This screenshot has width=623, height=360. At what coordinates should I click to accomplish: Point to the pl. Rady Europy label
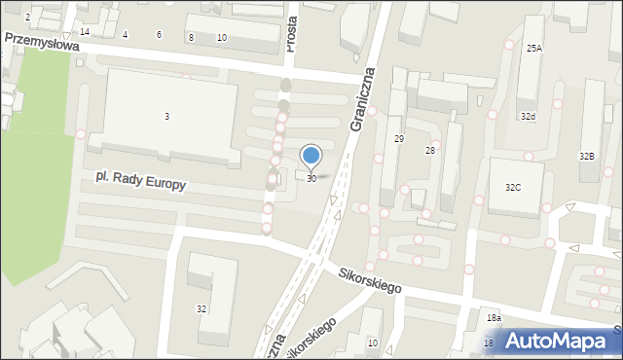(140, 181)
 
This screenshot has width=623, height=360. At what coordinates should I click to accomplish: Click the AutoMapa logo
(559, 341)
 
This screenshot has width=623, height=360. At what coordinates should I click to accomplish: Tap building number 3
(166, 117)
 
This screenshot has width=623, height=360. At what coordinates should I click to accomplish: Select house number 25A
(534, 48)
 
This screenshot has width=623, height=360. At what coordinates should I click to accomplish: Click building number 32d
(527, 116)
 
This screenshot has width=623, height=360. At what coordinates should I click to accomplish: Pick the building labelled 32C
(512, 186)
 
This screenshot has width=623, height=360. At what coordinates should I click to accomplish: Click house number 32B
(586, 156)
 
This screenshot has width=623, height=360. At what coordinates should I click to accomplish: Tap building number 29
(398, 139)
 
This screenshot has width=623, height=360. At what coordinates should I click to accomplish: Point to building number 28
(429, 150)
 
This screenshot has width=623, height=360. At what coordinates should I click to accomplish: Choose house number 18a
(494, 318)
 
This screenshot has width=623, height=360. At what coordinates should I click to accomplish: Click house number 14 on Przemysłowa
(85, 32)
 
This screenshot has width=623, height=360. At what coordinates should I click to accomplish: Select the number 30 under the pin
(311, 179)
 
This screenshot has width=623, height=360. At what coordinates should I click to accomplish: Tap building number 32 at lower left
(202, 308)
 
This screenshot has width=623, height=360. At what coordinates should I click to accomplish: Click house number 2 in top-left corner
(27, 18)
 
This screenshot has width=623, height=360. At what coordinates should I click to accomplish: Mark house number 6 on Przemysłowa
(159, 35)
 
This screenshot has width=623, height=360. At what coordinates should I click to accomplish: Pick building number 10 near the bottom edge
(372, 342)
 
